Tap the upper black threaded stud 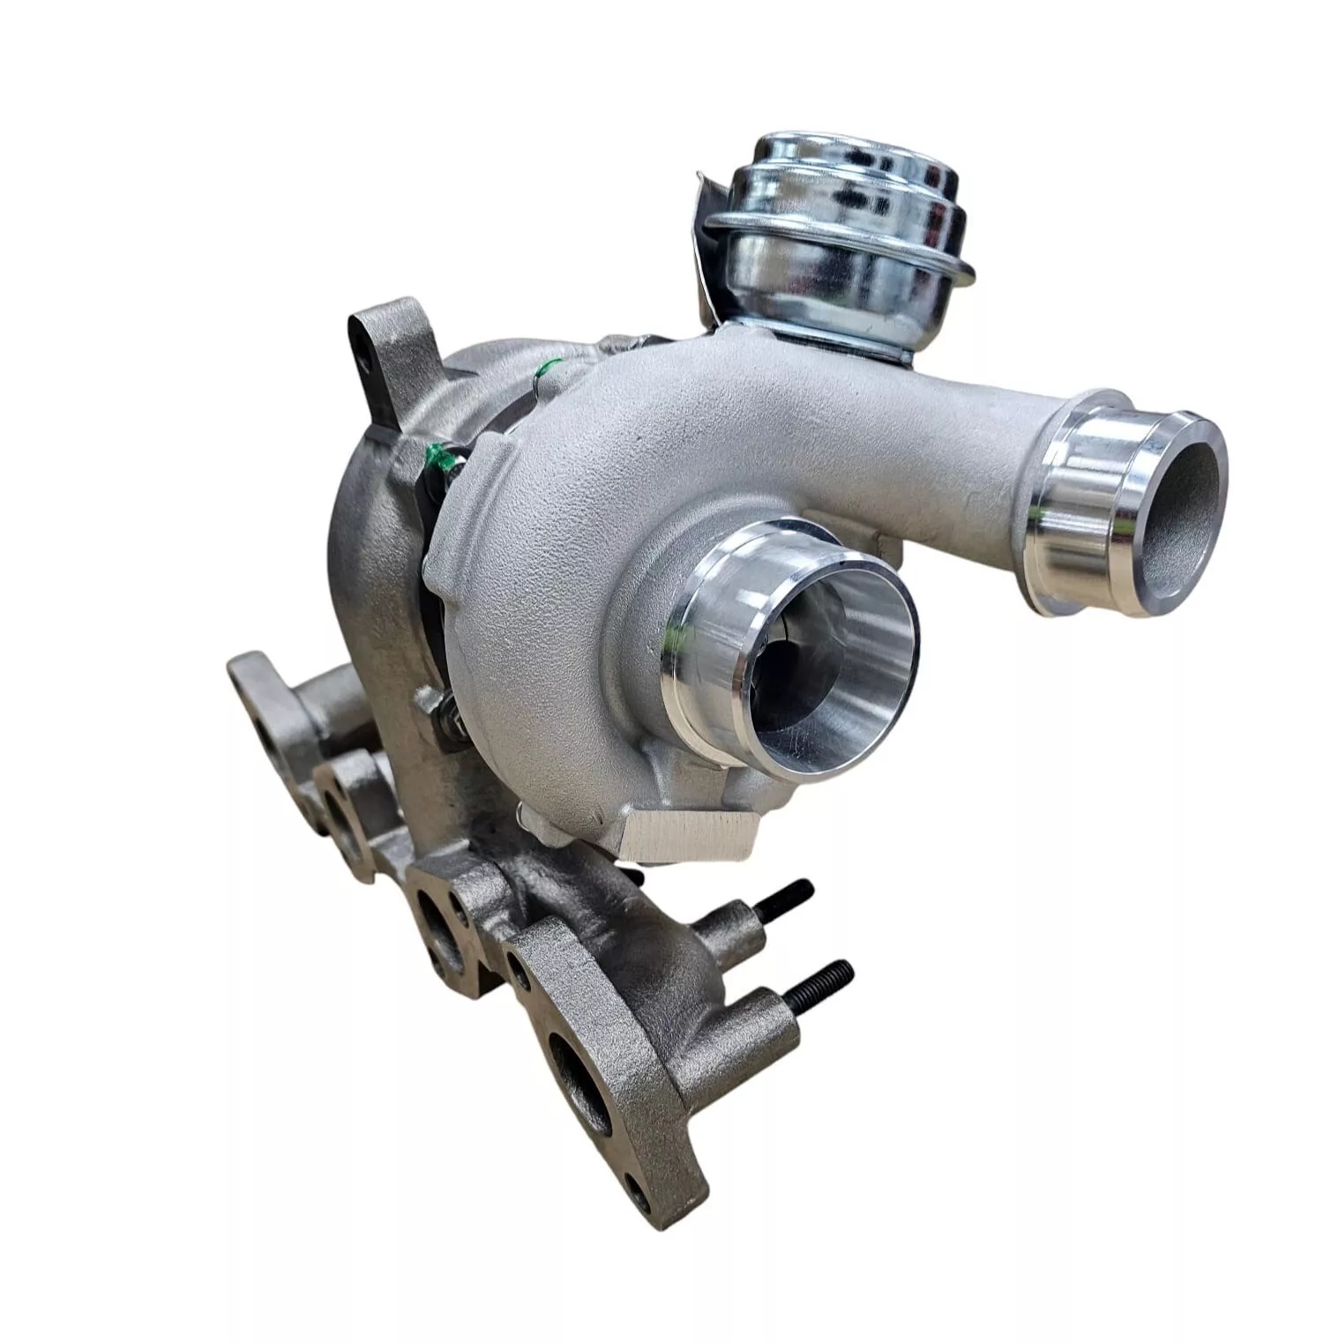tap(785, 900)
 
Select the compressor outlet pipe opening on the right tap(1182, 511)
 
